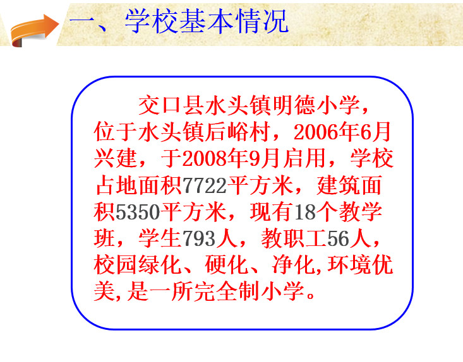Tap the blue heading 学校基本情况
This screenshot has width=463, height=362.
coord(207,21)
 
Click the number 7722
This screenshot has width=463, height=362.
coord(205,185)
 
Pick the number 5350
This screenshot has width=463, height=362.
coord(138,212)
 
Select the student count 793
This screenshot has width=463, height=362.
coord(199,238)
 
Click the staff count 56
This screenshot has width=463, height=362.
coord(338,238)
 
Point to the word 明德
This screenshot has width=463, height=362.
coord(282,105)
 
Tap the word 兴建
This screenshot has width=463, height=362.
coord(116,158)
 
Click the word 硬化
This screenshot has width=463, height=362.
coord(227,265)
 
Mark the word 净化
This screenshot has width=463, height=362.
coord(294,265)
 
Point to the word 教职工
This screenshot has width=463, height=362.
coord(294,238)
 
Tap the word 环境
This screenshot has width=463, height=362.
coord(349,265)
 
